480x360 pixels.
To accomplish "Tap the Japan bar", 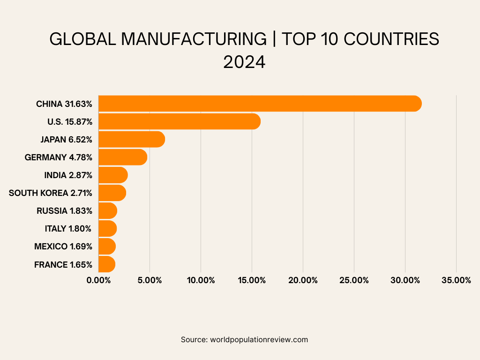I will (x=131, y=139).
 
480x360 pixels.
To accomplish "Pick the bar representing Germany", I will (x=122, y=157).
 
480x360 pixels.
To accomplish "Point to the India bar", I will (x=112, y=175).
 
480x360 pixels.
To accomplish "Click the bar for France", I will (x=106, y=264).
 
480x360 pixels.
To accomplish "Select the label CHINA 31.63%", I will (x=64, y=104).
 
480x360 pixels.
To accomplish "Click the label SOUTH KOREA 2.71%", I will (x=51, y=193).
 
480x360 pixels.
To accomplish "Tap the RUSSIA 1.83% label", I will (x=64, y=211).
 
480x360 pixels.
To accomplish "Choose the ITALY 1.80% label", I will (x=68, y=229).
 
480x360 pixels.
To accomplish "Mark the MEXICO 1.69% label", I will (x=63, y=247).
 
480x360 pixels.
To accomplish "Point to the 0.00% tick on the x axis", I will (x=98, y=280).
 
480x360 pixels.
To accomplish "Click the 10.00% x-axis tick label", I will (x=201, y=280).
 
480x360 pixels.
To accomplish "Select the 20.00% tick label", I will (x=303, y=280).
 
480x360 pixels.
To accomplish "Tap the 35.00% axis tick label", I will (x=456, y=280).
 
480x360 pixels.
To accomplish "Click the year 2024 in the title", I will (x=244, y=62).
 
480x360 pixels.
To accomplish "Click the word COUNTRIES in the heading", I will (x=391, y=39).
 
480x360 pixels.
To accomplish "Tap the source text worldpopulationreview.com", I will (x=259, y=339).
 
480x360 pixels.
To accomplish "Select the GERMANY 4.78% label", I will (x=59, y=157).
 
